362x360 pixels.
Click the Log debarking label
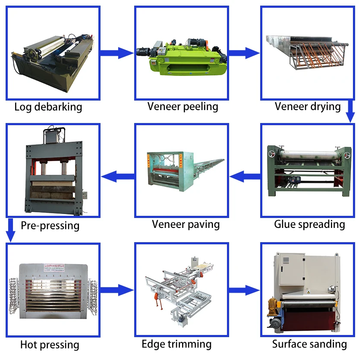pos(48,107)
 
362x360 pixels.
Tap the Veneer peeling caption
pos(183,106)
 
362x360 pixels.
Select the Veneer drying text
pos(308,106)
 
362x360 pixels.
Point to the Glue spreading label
pos(309,224)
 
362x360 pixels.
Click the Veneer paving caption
pos(186,224)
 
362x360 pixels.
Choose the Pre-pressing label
pos(50,225)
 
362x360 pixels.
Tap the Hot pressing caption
pos(50,345)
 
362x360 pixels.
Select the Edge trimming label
pos(176,344)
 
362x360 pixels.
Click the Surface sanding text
pos(309,344)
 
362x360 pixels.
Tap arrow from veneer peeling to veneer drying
pos(244,53)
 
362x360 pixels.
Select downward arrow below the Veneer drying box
pos(350,113)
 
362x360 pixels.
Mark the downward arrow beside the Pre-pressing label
pos(10,231)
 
